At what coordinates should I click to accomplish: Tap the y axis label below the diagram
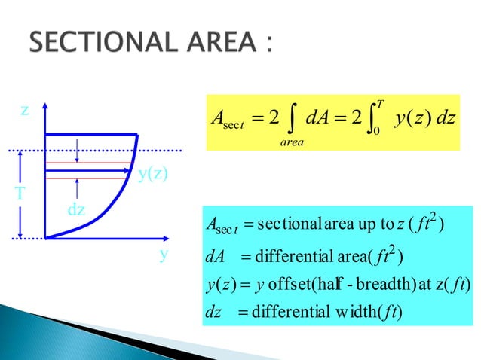(162, 255)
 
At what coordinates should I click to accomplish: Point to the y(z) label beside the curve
(152, 175)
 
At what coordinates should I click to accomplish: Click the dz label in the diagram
(76, 210)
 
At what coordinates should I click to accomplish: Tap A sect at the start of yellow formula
(224, 118)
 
